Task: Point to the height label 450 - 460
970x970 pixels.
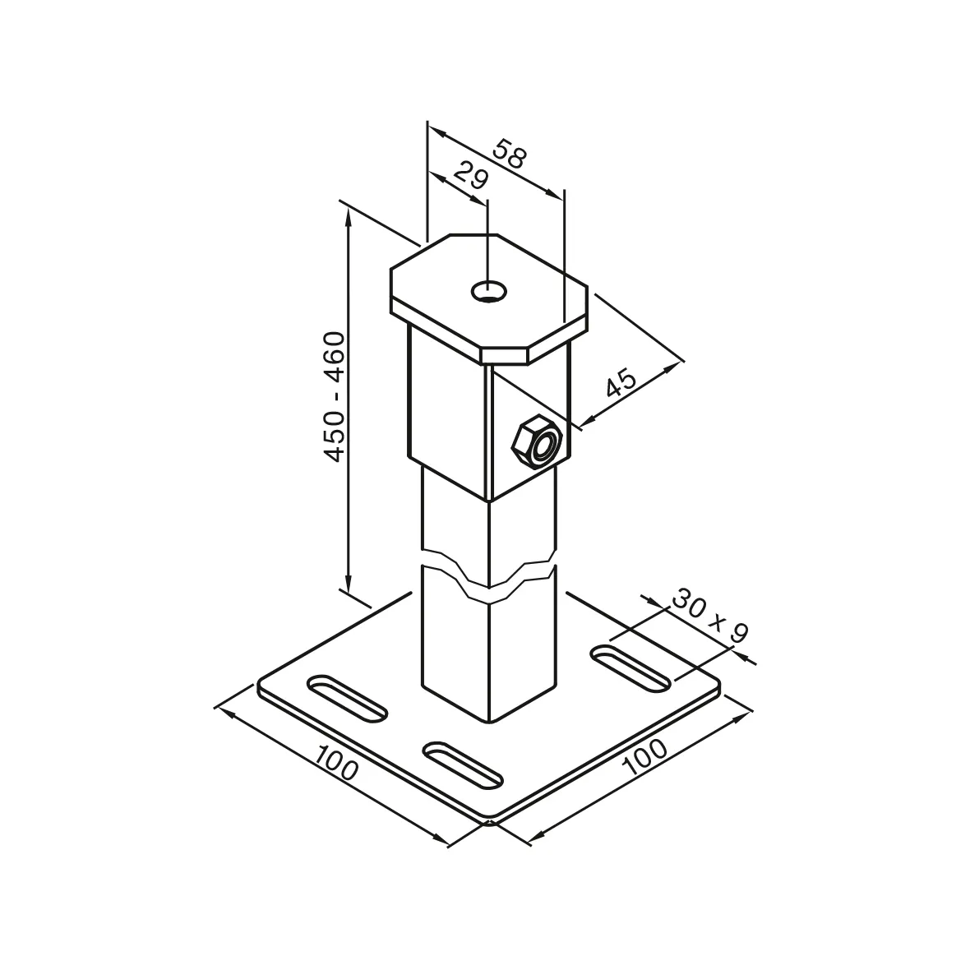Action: tap(334, 396)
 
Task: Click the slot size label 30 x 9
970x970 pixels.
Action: tap(709, 616)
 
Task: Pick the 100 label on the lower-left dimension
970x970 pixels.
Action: tap(336, 765)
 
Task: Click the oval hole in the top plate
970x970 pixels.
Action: tap(488, 290)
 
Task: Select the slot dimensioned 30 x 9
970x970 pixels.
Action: tap(631, 667)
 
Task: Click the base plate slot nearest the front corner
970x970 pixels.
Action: tap(462, 764)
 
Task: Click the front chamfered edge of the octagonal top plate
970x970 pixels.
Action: tap(503, 356)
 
